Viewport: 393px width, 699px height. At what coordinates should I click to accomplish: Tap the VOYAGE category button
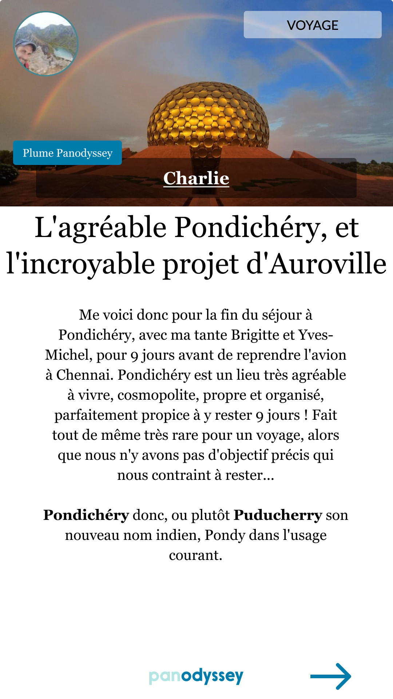[x=313, y=25]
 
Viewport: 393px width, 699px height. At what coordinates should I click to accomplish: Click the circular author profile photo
[x=46, y=44]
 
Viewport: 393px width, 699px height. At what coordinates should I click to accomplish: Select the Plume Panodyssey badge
[x=67, y=153]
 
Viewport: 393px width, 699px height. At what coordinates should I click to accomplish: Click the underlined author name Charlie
[x=196, y=178]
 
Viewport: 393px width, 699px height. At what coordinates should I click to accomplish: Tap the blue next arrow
[x=330, y=676]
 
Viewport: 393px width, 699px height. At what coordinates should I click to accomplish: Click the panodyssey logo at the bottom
[x=196, y=676]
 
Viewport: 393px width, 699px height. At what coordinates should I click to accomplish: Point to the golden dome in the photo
[x=208, y=116]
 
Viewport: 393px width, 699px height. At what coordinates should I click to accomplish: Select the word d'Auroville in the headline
[x=316, y=264]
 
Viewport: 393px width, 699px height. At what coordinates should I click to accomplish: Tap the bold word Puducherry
[x=278, y=515]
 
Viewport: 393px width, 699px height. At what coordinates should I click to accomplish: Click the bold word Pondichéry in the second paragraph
[x=86, y=515]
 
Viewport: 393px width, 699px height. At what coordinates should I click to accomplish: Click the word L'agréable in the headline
[x=101, y=228]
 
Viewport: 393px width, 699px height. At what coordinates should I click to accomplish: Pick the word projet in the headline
[x=201, y=264]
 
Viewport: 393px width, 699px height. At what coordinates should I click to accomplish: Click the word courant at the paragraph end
[x=195, y=555]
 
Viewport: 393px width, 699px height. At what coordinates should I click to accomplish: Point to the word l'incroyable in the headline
[x=81, y=264]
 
